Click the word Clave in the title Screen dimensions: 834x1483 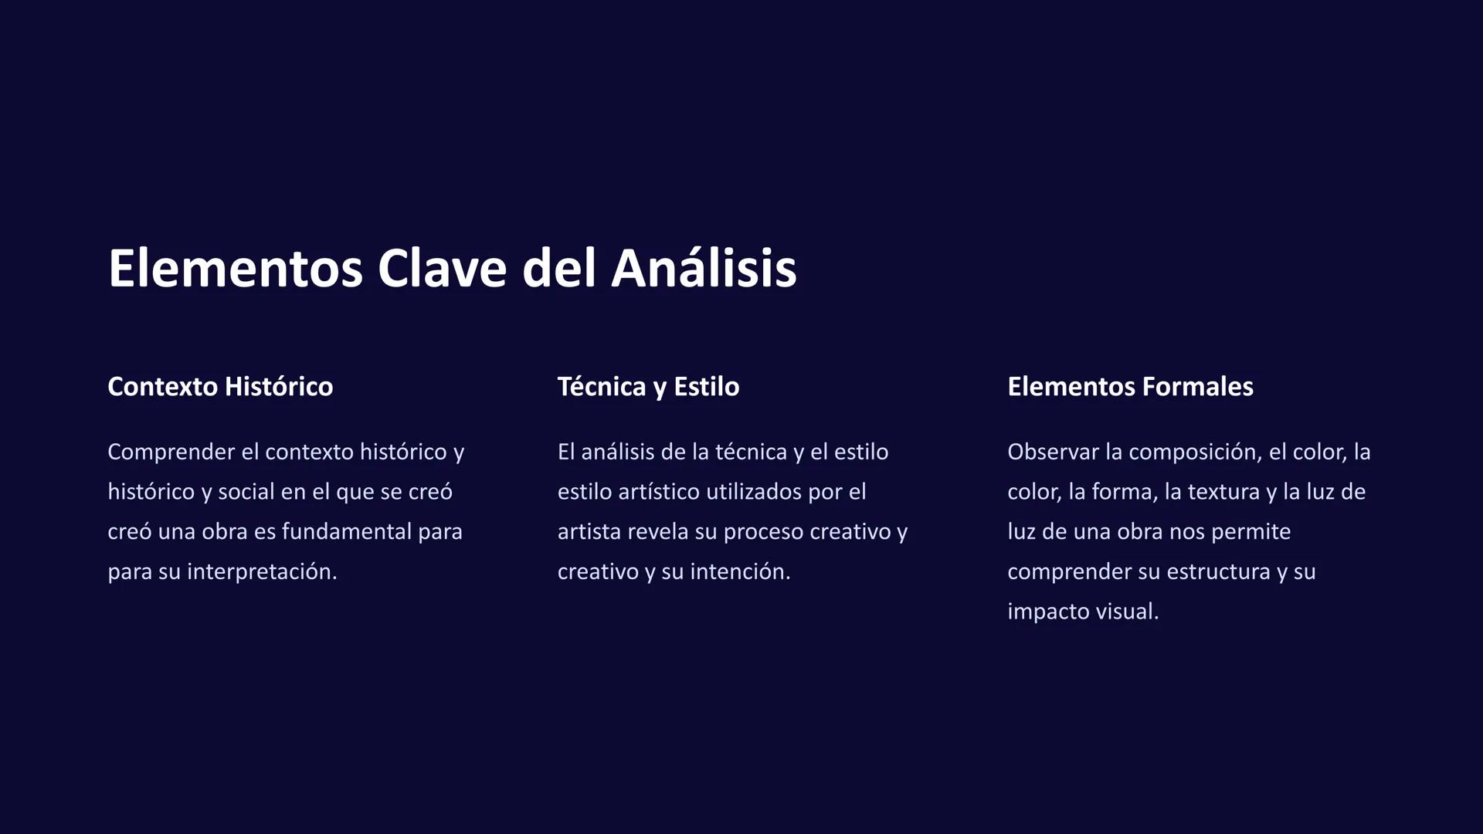[443, 269]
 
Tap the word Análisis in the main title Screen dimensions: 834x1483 [704, 269]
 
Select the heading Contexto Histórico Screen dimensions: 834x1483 [220, 386]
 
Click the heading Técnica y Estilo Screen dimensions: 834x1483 [648, 386]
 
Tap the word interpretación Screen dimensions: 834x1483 [262, 572]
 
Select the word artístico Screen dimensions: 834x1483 [659, 492]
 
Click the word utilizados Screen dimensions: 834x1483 [754, 492]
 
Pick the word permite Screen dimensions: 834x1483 [1251, 532]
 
